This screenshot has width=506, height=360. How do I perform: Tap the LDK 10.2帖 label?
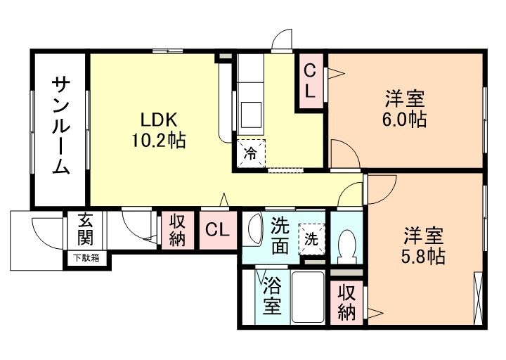click(157, 129)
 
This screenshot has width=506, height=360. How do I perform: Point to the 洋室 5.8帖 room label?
click(423, 245)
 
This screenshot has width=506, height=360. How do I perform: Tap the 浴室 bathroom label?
click(273, 296)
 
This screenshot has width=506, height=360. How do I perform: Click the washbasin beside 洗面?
click(253, 229)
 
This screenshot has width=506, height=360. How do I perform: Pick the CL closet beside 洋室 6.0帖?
click(309, 82)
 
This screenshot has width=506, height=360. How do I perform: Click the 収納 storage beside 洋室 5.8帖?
click(346, 302)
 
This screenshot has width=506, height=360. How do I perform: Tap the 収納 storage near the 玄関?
click(176, 229)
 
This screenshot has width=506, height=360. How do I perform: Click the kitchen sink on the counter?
click(249, 112)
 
